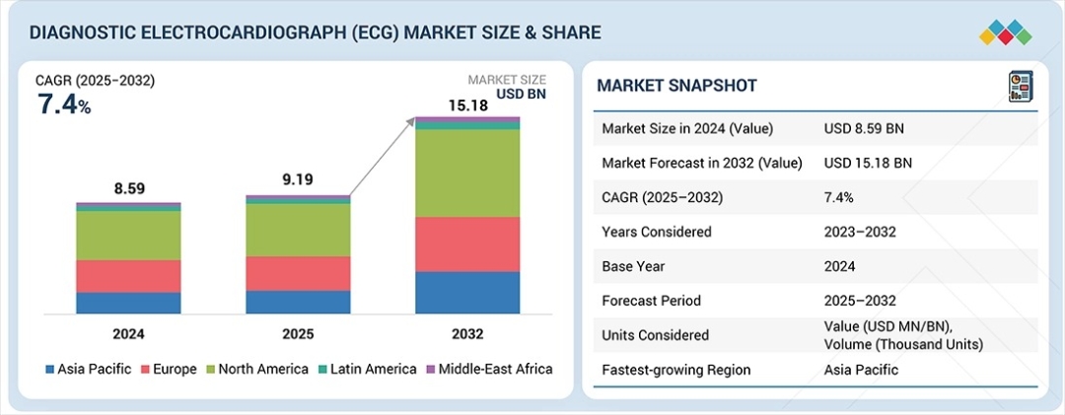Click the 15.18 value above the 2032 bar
click(x=466, y=104)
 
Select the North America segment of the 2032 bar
click(x=466, y=173)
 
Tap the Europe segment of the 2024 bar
click(x=128, y=276)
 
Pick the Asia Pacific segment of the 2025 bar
click(x=298, y=302)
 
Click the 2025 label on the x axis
click(x=298, y=334)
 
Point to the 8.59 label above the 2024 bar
click(x=128, y=188)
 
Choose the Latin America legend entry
click(x=367, y=369)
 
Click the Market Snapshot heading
click(x=676, y=86)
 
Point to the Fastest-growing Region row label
click(x=675, y=370)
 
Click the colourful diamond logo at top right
click(x=1005, y=32)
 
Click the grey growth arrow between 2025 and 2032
click(x=380, y=158)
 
